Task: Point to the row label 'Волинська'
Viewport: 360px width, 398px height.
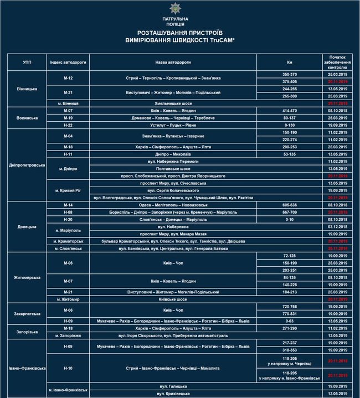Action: click(27, 117)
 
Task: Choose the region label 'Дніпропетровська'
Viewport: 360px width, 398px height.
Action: click(27, 166)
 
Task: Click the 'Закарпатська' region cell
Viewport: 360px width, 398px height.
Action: click(27, 314)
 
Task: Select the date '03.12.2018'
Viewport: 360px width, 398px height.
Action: click(337, 226)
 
